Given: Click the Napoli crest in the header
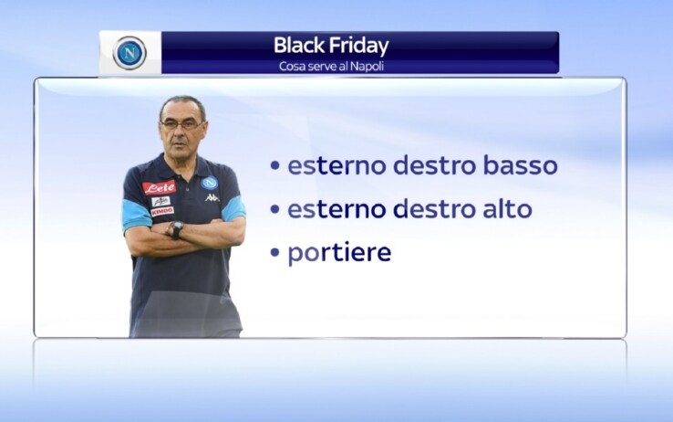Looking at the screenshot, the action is point(129,53).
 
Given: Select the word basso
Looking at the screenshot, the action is point(520,165).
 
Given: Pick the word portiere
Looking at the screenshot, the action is point(339,253).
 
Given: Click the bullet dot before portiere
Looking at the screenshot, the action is point(275,253).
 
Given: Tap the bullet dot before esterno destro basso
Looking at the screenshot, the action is point(275,166).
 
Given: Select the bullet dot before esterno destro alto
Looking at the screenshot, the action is point(275,209).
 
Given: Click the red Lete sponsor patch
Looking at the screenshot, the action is point(160,188).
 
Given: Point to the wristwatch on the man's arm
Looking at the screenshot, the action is point(176,229).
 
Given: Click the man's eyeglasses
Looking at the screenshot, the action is point(181,124).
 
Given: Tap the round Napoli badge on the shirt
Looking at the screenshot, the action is point(209,183).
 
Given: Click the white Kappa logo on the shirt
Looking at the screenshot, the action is point(212,197).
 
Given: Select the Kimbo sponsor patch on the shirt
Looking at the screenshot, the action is point(162,212).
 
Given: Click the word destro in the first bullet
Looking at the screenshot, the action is point(434,165).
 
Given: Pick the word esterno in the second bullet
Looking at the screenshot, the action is point(336,209).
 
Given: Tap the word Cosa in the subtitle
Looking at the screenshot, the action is point(288,67).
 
